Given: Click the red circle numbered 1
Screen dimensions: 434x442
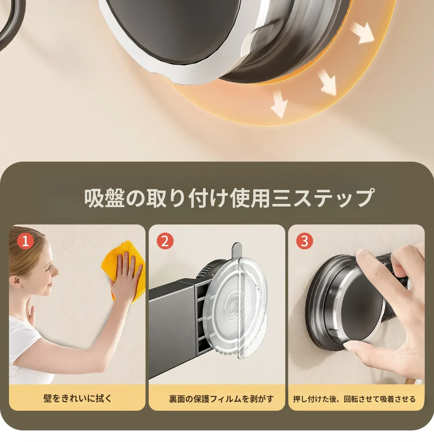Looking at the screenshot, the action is [25, 241].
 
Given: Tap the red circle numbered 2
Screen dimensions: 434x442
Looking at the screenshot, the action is [165, 241].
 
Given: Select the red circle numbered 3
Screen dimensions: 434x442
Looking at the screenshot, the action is [305, 241].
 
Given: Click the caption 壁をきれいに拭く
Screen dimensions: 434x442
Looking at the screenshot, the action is [78, 399].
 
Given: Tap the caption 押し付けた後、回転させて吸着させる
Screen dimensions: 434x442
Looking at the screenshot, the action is [354, 399].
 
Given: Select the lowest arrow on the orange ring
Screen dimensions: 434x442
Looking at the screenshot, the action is [278, 103].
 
